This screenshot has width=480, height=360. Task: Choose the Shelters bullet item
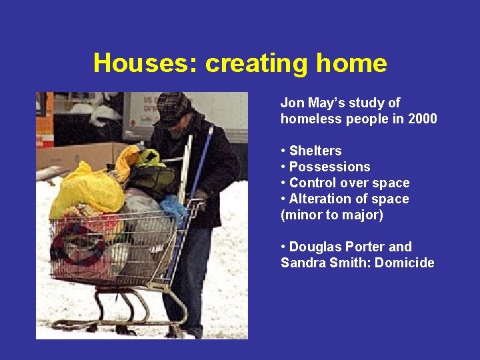315,151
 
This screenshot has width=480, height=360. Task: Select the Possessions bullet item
329,167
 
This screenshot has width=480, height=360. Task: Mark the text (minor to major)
332,215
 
